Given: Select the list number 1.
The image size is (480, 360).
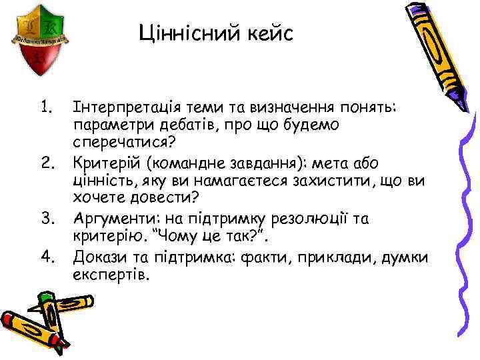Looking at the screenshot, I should [x=46, y=107].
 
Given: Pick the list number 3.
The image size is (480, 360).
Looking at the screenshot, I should [x=46, y=218].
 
